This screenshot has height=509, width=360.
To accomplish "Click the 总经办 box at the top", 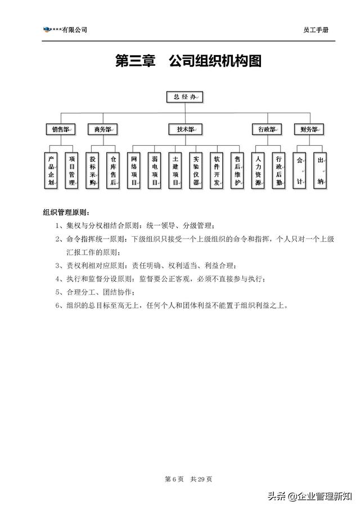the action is [184, 97].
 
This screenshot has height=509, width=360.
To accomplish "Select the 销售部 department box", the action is [61, 129].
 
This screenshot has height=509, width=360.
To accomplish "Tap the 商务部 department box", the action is [102, 129].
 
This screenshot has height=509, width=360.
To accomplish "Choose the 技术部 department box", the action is [186, 129].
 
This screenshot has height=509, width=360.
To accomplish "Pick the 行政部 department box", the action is [267, 129].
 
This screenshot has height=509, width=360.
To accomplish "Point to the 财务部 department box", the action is [309, 129].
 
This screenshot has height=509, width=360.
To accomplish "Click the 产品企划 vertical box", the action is [51, 170].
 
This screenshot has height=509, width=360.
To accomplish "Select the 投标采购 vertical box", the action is [92, 170].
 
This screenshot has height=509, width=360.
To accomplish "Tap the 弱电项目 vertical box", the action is [155, 170].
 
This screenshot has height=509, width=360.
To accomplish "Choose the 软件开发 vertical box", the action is [217, 170].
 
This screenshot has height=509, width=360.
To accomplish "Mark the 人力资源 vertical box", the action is [258, 170].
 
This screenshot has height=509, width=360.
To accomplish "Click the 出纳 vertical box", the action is [320, 170].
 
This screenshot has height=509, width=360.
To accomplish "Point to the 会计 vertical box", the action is [299, 170].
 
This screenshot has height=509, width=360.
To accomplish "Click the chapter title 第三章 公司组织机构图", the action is [188, 61].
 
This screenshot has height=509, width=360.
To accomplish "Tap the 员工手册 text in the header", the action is [316, 30].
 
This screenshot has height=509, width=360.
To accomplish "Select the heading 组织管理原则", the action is [66, 213].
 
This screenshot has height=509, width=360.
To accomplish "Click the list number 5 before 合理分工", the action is [57, 292].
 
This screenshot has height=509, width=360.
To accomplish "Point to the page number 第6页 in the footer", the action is [174, 479].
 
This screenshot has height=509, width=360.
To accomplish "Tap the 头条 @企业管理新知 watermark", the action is [310, 496].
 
